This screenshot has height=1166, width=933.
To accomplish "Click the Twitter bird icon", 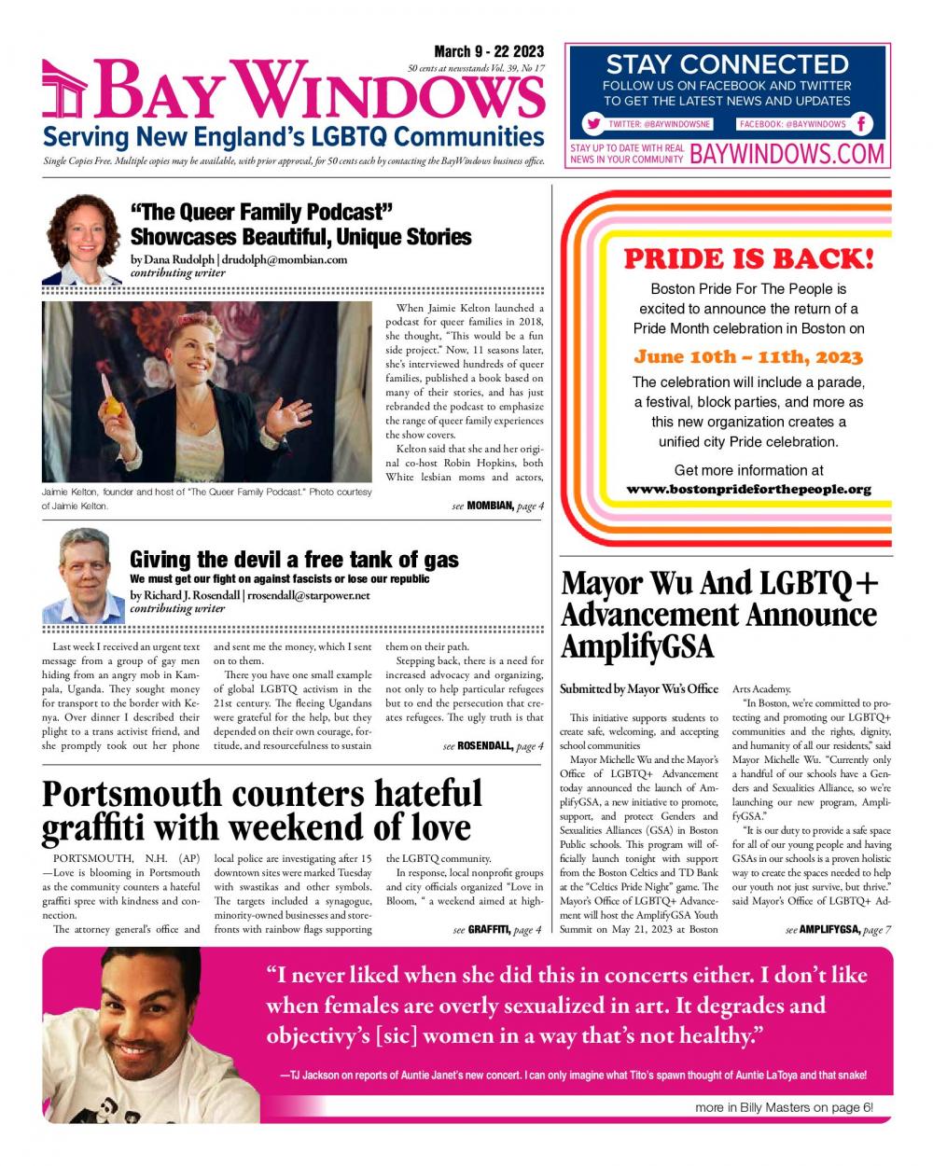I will click(592, 124).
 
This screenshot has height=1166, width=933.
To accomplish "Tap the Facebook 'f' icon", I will click(862, 124).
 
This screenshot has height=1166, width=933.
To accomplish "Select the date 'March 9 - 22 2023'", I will click(489, 52).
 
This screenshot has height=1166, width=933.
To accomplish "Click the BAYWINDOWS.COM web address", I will click(787, 154).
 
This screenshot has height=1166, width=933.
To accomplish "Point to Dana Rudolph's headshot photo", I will click(82, 238).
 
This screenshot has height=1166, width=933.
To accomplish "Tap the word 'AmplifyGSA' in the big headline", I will click(636, 646).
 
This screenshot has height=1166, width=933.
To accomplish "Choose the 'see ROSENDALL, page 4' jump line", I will click(493, 746).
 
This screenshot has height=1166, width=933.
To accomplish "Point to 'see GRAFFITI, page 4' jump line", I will click(497, 929).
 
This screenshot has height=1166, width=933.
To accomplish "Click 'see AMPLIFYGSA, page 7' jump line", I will click(838, 929).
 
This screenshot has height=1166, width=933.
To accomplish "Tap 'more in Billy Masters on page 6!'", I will click(784, 1107).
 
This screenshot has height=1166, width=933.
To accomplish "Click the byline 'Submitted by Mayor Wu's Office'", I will click(639, 688).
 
